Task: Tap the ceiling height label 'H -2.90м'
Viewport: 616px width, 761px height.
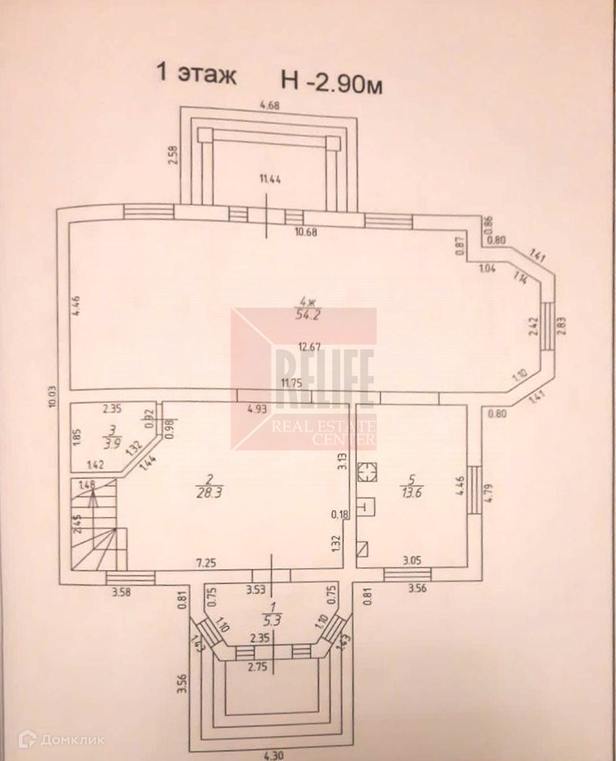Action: (x=331, y=79)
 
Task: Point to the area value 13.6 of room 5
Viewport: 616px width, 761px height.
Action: (x=412, y=491)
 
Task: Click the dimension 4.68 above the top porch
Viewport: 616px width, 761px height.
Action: (x=270, y=104)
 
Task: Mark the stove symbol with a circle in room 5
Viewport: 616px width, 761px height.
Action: (x=368, y=471)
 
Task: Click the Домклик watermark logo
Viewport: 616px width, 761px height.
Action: (x=52, y=740)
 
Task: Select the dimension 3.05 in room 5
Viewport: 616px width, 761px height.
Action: (x=414, y=561)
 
